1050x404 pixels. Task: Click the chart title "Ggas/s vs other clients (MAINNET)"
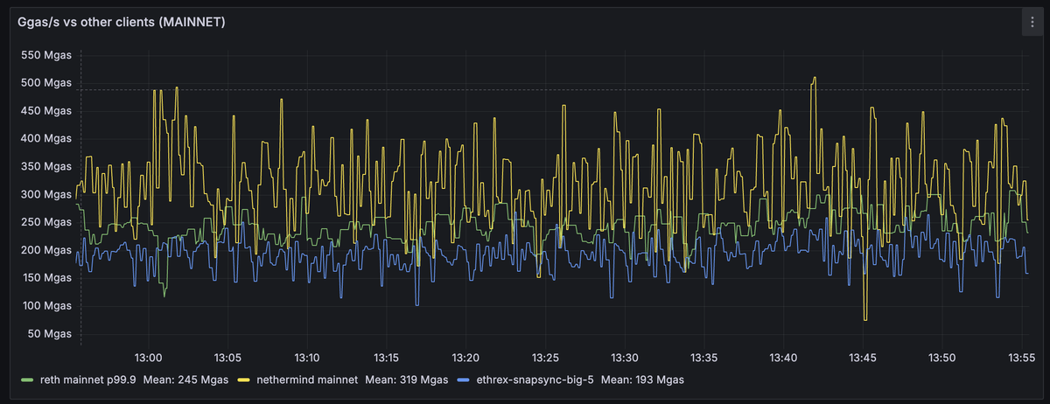(x=122, y=23)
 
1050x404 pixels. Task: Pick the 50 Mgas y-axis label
(x=48, y=333)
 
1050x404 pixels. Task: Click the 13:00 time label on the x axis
(x=148, y=358)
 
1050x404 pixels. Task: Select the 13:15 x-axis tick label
(x=386, y=358)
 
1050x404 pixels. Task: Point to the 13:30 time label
(x=624, y=358)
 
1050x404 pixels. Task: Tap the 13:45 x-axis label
(x=863, y=358)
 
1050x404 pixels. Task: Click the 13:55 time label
(x=1021, y=358)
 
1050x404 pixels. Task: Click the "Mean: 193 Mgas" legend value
(x=642, y=380)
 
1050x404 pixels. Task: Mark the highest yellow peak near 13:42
(x=815, y=77)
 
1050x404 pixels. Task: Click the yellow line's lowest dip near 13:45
(x=864, y=320)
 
